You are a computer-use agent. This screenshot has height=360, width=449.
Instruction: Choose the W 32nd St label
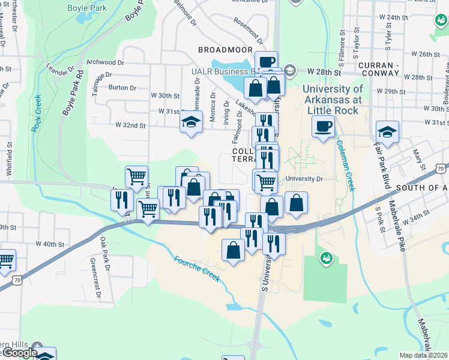tap(130, 125)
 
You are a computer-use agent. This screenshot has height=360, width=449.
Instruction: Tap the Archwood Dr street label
tap(105, 62)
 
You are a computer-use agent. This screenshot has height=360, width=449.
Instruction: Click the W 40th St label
tap(50, 244)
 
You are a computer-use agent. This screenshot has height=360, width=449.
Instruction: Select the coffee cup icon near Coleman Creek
tap(323, 127)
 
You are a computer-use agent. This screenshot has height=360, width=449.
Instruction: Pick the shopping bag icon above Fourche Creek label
tap(234, 249)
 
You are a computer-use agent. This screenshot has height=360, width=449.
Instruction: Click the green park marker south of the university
tap(326, 258)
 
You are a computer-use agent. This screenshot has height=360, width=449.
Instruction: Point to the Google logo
tap(19, 353)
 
